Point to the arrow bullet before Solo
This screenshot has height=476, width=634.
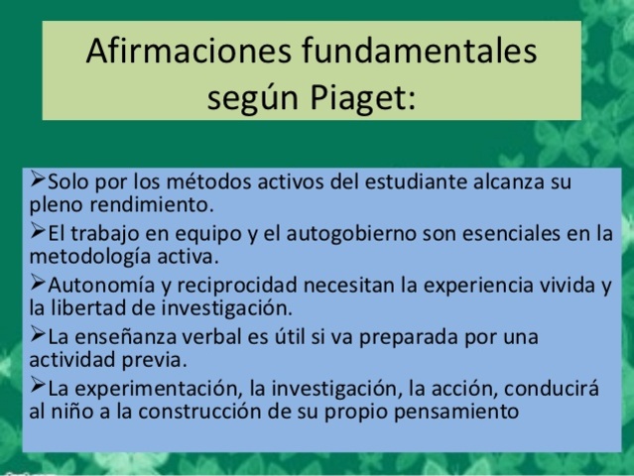pos(37,181)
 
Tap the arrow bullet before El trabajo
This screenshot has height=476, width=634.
pos(37,233)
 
